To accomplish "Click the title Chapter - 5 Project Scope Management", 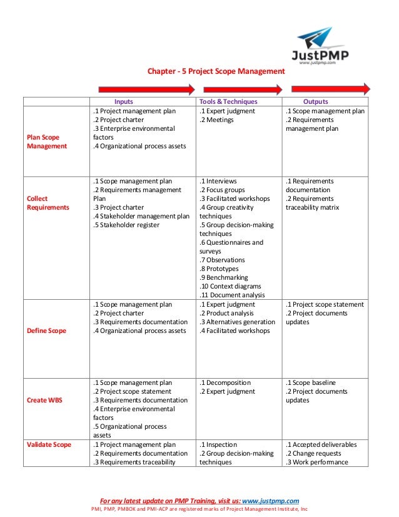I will click(215, 71).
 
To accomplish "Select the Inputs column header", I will click(123, 101).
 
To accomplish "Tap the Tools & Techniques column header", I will click(228, 101).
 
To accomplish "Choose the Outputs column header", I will click(315, 101).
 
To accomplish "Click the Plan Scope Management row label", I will click(43, 141).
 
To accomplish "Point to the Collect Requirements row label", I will click(48, 203).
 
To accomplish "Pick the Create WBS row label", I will click(44, 400).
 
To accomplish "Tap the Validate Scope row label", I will click(49, 444).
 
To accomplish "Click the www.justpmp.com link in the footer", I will click(270, 500).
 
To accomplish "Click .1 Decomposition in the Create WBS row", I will click(225, 382).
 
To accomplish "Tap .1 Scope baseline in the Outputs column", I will click(311, 382).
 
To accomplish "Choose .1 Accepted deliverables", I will click(321, 444).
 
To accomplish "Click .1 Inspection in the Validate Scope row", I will click(218, 444).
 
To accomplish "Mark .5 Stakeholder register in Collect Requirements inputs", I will click(125, 225).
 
